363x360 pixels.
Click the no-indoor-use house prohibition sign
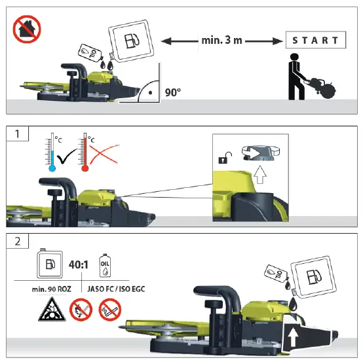click(x=27, y=29)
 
